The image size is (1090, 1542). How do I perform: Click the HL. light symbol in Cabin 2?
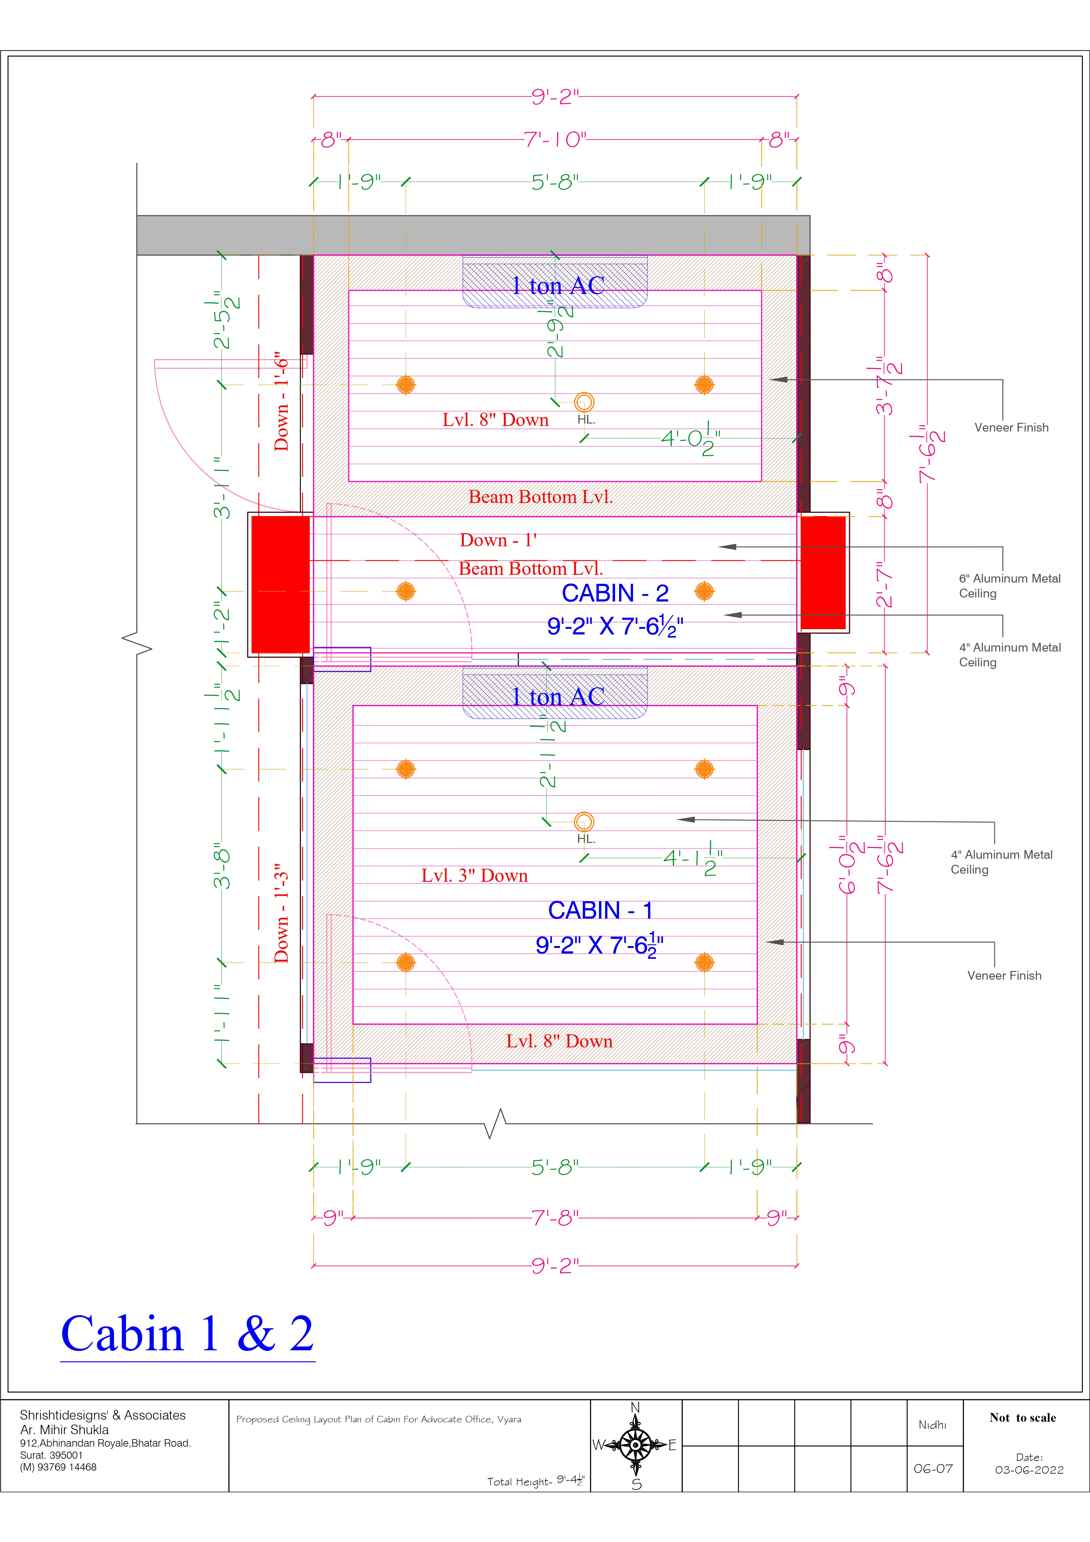point(584,402)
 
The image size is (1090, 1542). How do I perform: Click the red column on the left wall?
point(281,584)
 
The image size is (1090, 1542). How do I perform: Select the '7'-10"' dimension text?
point(555,140)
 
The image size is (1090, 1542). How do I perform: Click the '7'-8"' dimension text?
point(555,1218)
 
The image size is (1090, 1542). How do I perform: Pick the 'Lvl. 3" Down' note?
point(474,876)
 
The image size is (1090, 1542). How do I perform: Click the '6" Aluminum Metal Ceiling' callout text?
point(1010,586)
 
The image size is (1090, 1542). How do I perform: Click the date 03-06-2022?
point(1029,1470)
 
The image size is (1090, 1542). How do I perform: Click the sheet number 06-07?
point(933,1469)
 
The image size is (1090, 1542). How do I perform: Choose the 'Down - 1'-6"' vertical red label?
point(281,401)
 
